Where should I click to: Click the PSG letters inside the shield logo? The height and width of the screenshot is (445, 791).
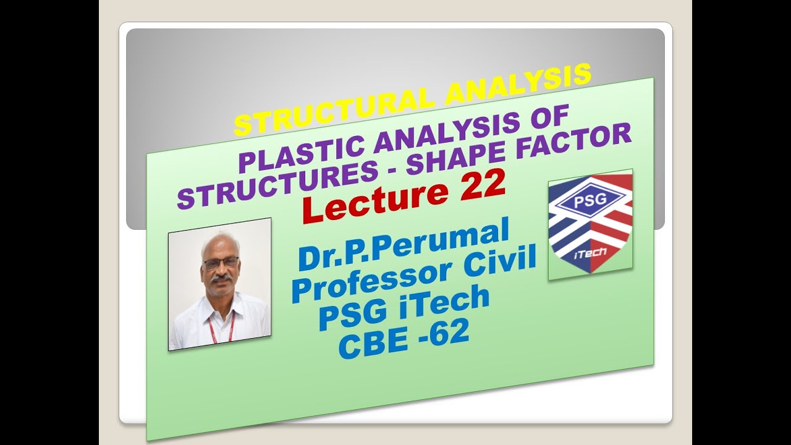coord(590,201)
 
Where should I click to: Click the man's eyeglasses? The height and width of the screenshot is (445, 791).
coord(220,263)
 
